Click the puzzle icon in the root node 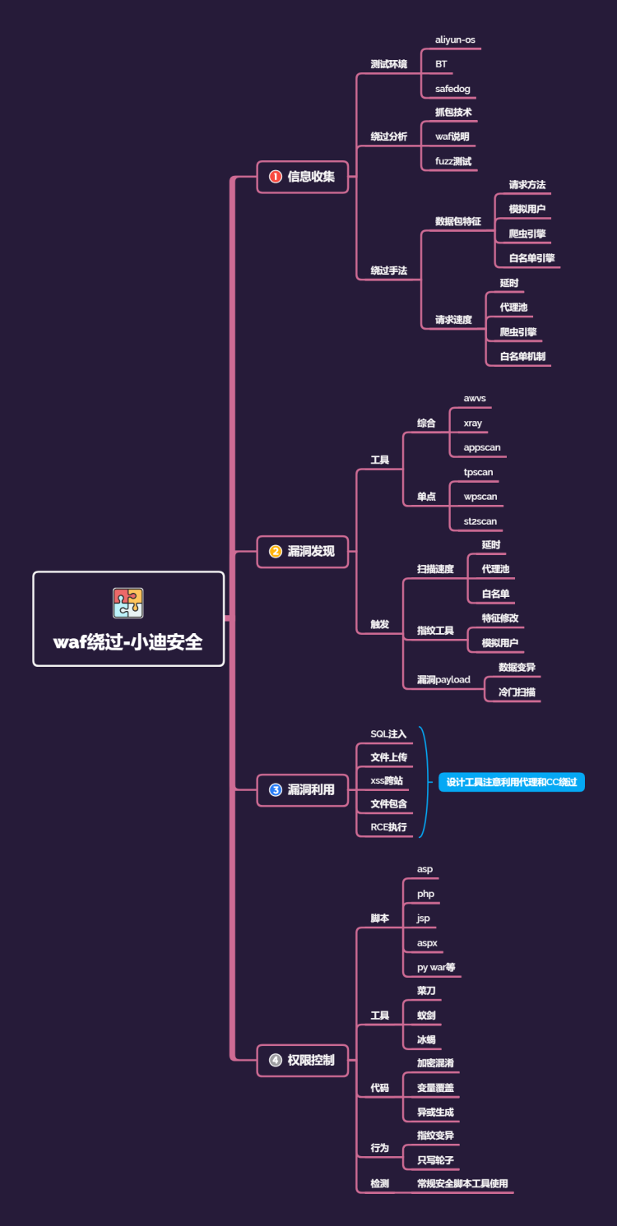[x=128, y=603]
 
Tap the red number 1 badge [x=276, y=176]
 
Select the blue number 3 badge [x=276, y=789]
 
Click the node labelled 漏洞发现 [x=311, y=551]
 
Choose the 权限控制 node [x=311, y=1060]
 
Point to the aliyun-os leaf [x=455, y=39]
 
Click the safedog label [x=452, y=88]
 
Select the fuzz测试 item [x=453, y=161]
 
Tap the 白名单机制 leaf [x=522, y=356]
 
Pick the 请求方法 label [x=527, y=185]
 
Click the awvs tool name [x=475, y=398]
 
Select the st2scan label [x=480, y=520]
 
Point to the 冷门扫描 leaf [x=517, y=692]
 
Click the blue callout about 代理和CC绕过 [x=511, y=782]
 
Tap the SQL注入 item [x=388, y=733]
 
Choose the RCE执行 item [x=388, y=826]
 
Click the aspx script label [x=427, y=942]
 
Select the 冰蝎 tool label [x=426, y=1039]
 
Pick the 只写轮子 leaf [x=435, y=1159]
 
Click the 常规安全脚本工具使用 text [x=462, y=1184]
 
